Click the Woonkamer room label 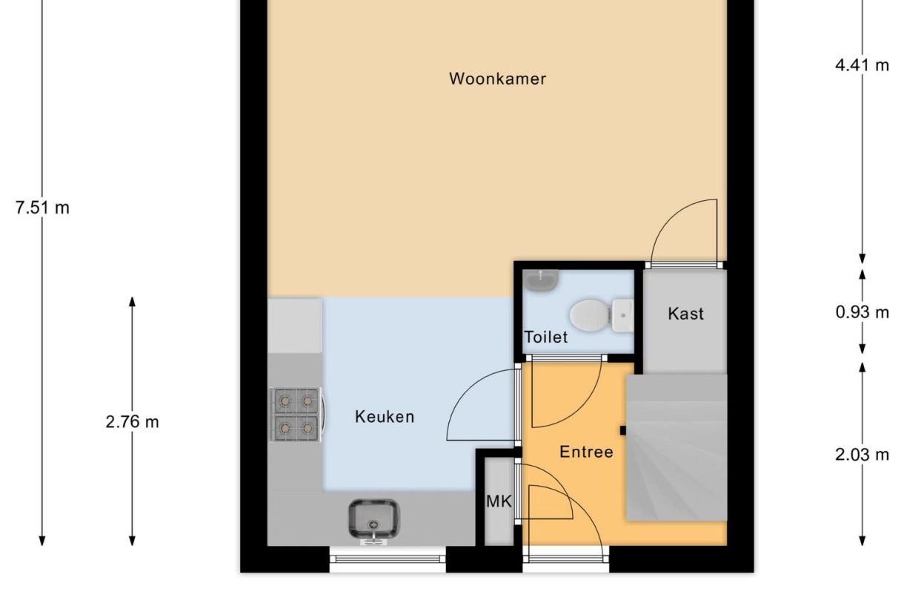[497, 79]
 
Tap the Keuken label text [385, 417]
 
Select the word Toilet [546, 337]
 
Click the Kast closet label [685, 314]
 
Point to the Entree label [586, 452]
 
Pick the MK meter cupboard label [499, 502]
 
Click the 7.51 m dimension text [42, 208]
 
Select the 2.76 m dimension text [132, 422]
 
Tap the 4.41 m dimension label [862, 65]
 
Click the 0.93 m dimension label [862, 312]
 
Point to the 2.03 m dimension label [862, 455]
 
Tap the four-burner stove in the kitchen [296, 414]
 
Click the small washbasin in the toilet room [542, 280]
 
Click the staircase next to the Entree [676, 447]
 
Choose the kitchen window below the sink [388, 559]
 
